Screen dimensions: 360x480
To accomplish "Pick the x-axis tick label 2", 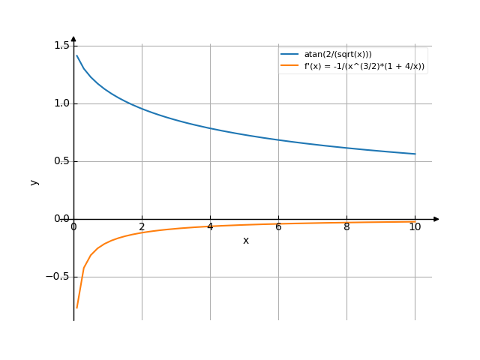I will click(x=142, y=226).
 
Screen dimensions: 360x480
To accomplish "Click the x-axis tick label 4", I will click(x=210, y=226).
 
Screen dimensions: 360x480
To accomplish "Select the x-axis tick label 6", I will click(x=278, y=226).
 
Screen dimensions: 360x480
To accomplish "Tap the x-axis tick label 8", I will click(x=346, y=226).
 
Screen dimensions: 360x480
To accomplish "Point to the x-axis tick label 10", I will click(x=415, y=226).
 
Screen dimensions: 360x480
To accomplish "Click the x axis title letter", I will click(x=245, y=241).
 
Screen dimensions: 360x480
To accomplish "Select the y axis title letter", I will click(x=34, y=181).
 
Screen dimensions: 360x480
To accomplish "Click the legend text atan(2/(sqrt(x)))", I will click(x=337, y=55).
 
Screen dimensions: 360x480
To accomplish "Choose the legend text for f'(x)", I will click(x=364, y=66).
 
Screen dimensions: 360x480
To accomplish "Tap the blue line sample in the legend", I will click(x=289, y=55).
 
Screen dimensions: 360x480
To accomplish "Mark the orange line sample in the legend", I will click(x=289, y=66).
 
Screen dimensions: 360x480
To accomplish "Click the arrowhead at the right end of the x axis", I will click(x=436, y=219).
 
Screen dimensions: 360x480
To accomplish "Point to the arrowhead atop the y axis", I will click(x=73, y=38).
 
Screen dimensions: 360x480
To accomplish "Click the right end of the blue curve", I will click(x=415, y=154).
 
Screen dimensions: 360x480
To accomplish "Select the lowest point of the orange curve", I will click(x=76, y=307).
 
